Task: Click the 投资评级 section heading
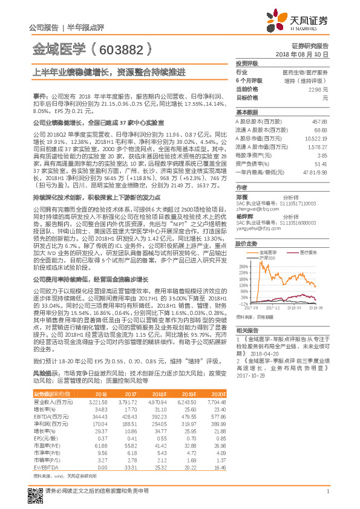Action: (x=246, y=63)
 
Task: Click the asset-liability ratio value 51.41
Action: (x=321, y=163)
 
